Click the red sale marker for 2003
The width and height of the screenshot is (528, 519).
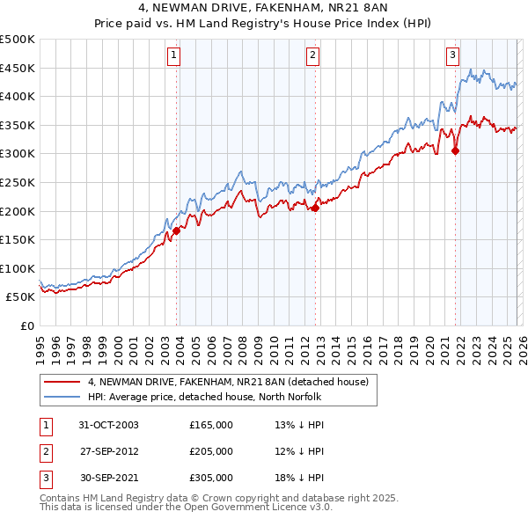177,230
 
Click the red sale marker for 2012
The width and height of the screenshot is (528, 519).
315,208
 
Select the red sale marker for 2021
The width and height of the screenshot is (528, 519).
455,150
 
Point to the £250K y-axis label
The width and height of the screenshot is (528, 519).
18,182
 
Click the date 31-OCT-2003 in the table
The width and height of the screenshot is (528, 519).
108,425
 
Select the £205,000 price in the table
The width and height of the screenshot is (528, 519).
211,451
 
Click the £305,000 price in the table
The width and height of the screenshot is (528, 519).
211,478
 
